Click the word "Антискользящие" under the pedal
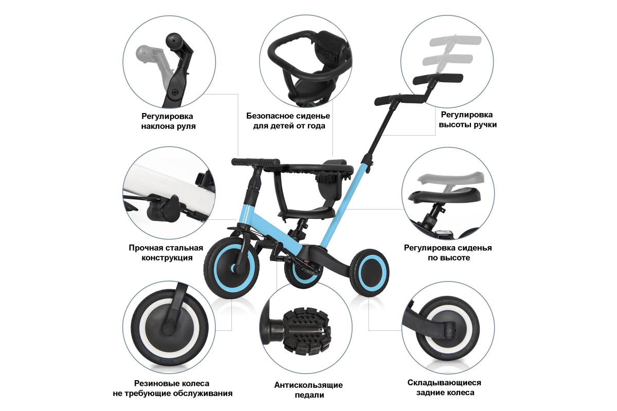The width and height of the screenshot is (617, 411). (308, 385)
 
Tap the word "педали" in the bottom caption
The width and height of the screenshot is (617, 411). (310, 395)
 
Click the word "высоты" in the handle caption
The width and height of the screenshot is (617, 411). (455, 125)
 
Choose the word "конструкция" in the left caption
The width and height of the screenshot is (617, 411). (167, 258)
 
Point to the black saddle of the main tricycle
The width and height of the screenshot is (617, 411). (307, 212)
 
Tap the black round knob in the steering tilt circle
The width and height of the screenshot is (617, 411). (173, 41)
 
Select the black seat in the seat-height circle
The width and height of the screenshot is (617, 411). (444, 195)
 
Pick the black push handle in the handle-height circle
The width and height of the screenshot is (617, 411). (438, 79)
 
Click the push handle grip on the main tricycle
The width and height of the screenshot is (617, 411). (399, 100)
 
